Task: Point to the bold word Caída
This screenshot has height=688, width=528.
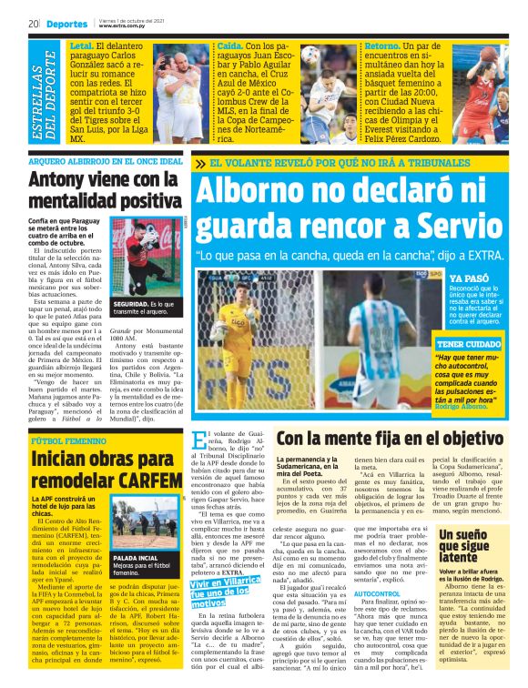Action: click(x=231, y=44)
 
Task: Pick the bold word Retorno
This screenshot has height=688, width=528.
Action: click(x=382, y=44)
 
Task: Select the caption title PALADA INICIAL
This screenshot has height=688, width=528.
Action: click(x=137, y=557)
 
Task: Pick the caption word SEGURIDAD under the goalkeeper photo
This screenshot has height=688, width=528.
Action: click(x=129, y=302)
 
